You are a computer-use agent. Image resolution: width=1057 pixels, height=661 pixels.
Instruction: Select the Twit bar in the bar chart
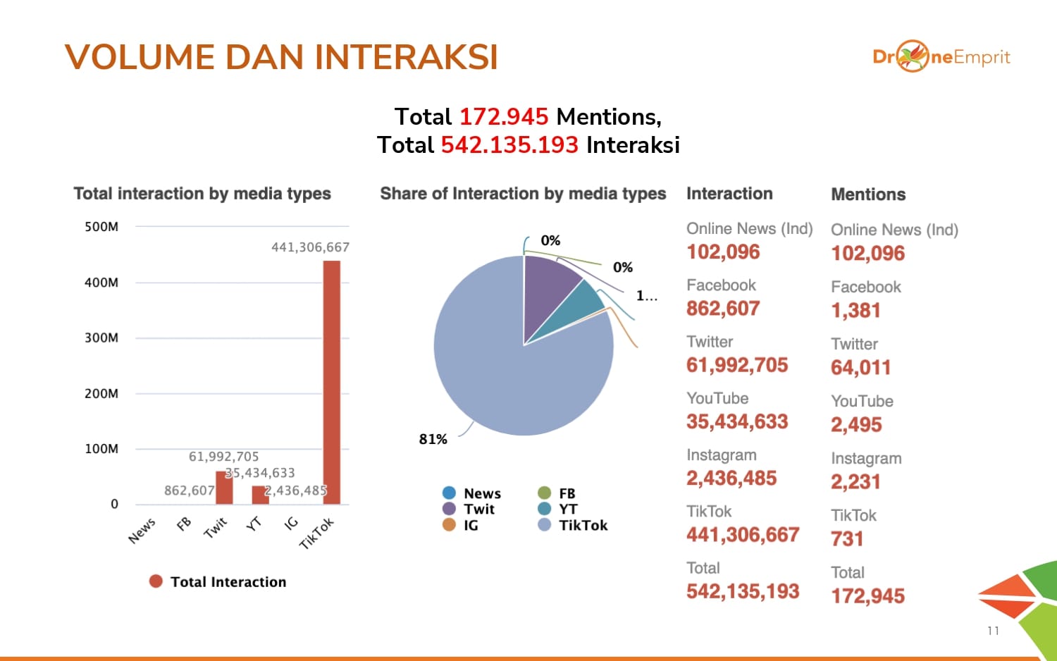pos(224,487)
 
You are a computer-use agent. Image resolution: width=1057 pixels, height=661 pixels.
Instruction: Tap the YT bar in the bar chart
pos(260,495)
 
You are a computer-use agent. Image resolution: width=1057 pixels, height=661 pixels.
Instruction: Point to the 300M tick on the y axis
pos(101,338)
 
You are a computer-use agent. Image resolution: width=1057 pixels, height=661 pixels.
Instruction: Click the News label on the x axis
pos(142,530)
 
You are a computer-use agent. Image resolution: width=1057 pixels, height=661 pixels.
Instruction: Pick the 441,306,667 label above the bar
pos(310,247)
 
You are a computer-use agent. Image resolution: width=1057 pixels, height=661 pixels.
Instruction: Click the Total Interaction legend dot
pos(156,581)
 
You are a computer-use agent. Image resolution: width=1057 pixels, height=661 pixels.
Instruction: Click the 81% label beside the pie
pos(433,439)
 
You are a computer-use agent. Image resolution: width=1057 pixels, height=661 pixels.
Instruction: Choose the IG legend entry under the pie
pos(462,525)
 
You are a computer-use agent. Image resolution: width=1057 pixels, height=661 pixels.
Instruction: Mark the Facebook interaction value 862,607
pos(723,309)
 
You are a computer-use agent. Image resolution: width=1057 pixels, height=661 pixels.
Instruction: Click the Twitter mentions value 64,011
pos(860,367)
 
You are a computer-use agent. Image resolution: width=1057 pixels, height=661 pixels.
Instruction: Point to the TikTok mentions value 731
pos(847,539)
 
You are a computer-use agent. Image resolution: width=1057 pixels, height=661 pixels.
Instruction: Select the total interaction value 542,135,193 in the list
pos(743,591)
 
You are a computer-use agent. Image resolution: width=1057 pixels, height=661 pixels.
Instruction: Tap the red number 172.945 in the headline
pos(503,116)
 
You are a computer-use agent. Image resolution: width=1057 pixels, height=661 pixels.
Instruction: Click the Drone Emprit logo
pos(941,56)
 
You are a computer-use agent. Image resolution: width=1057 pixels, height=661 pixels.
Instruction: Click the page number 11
pos(993,631)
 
